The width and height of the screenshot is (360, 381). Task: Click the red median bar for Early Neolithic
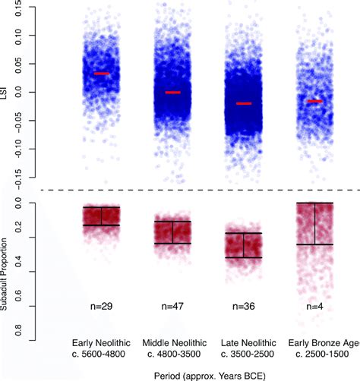[101, 74]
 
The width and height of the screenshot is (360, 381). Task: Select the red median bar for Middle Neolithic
[172, 93]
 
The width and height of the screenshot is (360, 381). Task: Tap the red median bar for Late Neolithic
[243, 103]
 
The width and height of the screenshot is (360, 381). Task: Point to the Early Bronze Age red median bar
[314, 101]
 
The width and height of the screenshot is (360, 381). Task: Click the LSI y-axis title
[7, 91]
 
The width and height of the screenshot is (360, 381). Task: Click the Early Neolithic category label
[101, 342]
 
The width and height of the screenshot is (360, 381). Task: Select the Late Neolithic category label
[243, 342]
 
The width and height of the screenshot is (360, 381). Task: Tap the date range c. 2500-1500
[314, 353]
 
